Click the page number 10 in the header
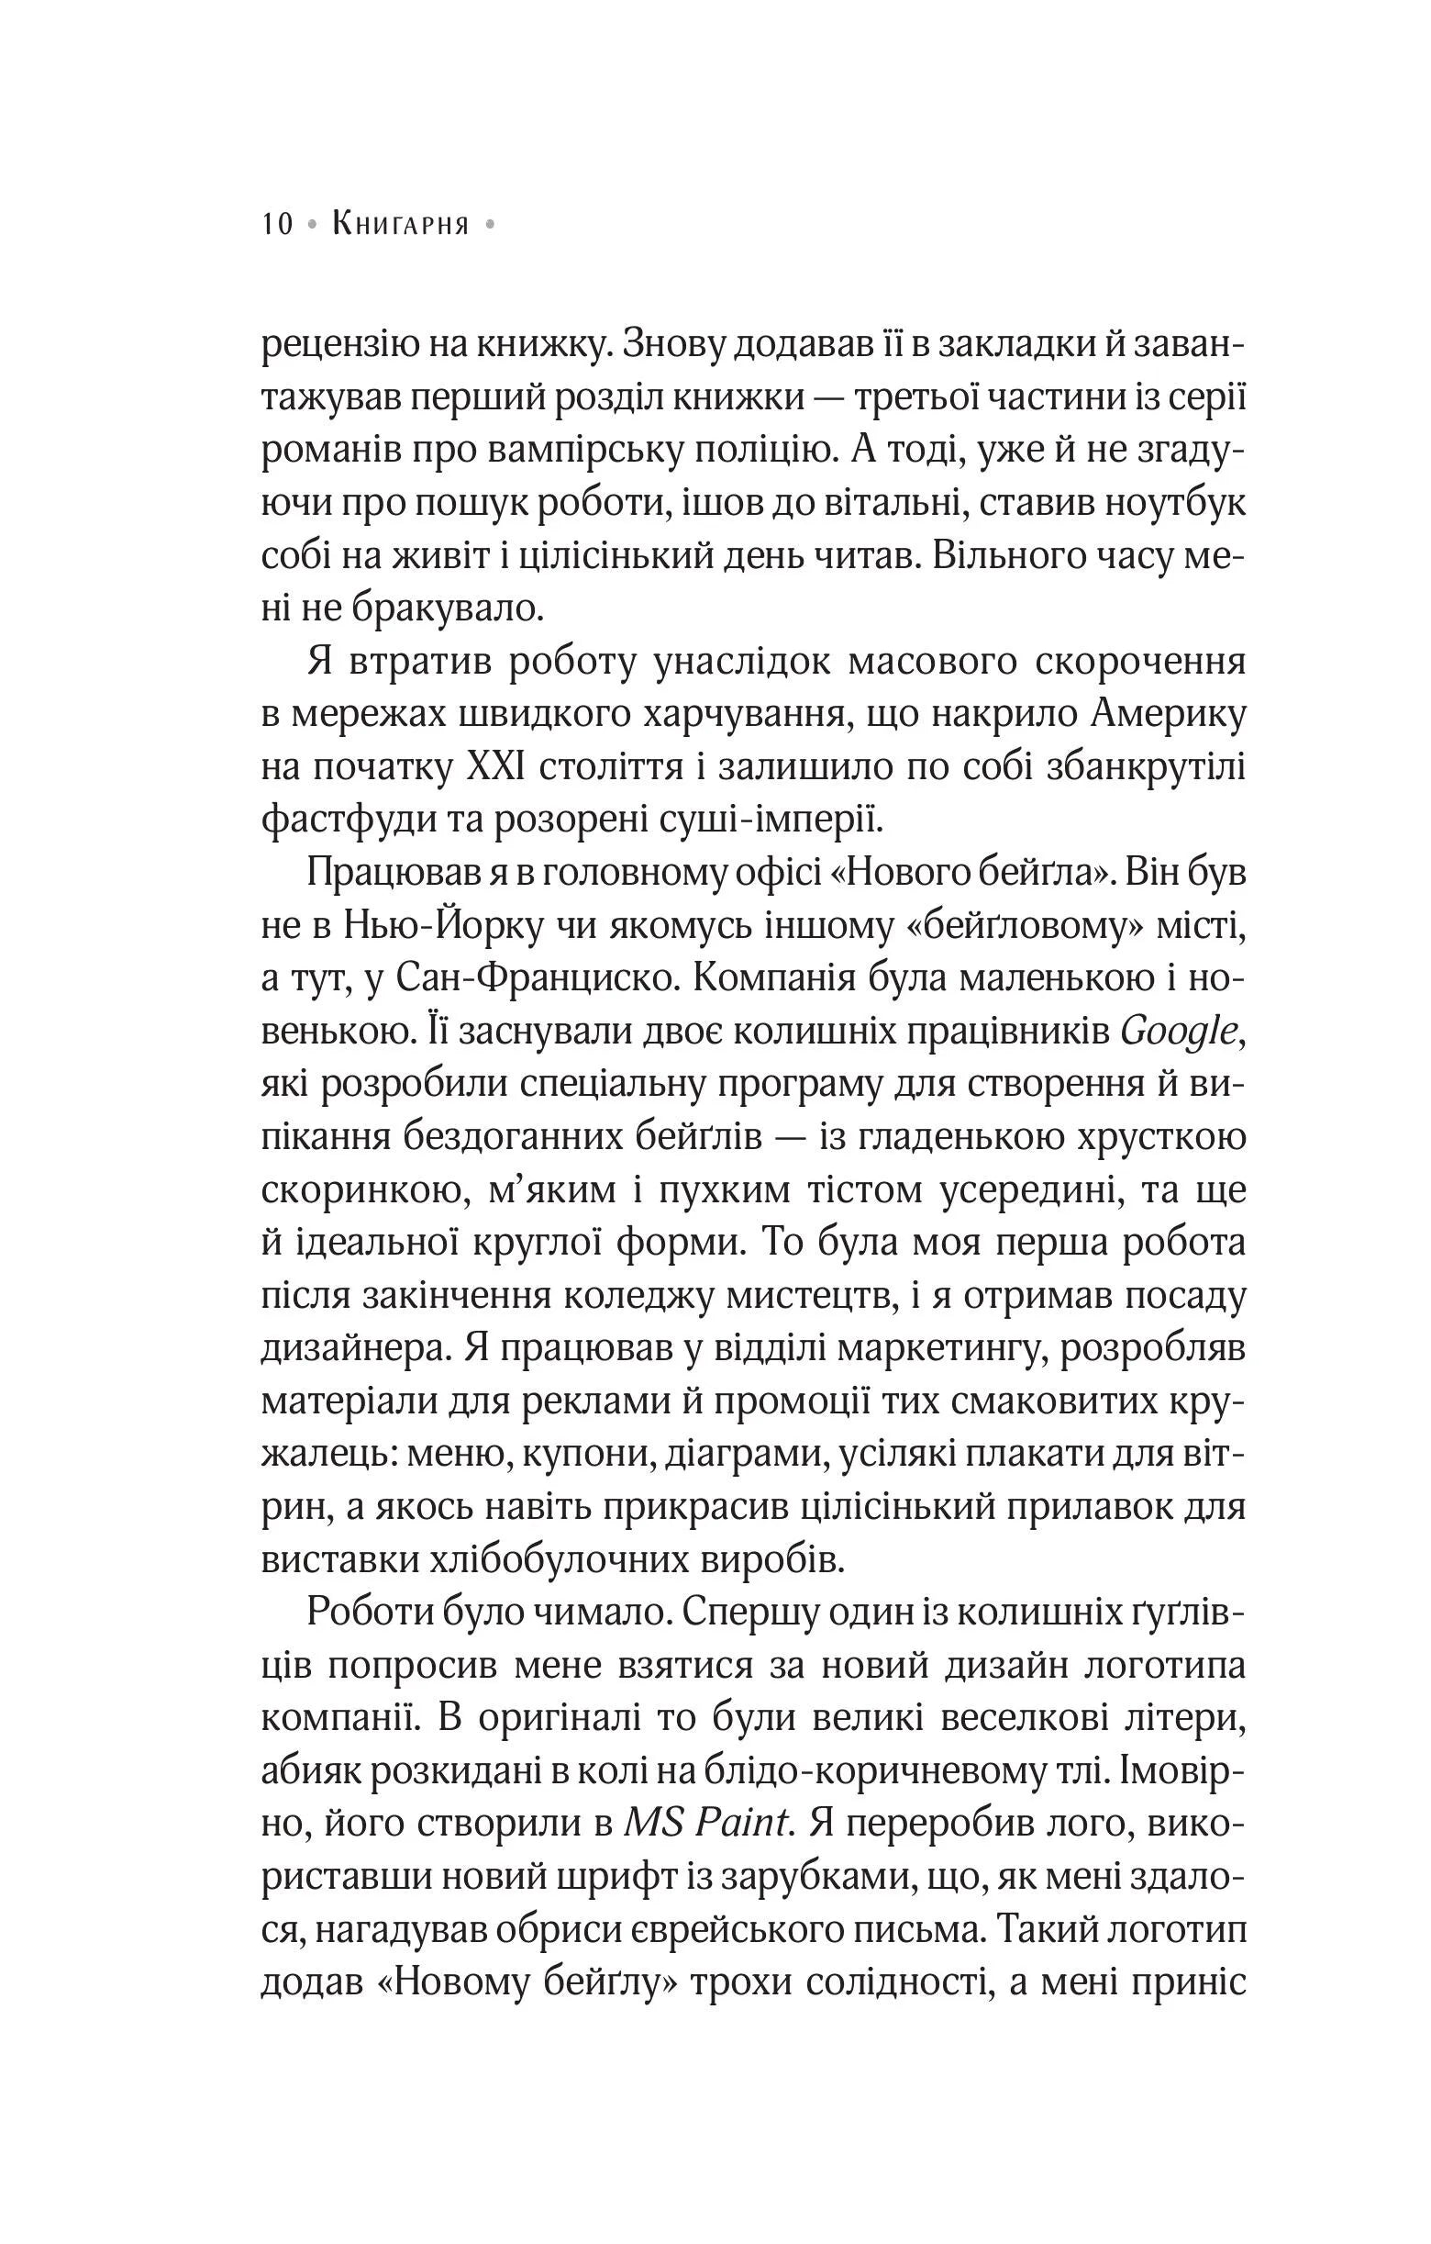pyautogui.click(x=278, y=225)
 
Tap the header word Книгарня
pyautogui.click(x=401, y=225)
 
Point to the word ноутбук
pyautogui.click(x=1172, y=504)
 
